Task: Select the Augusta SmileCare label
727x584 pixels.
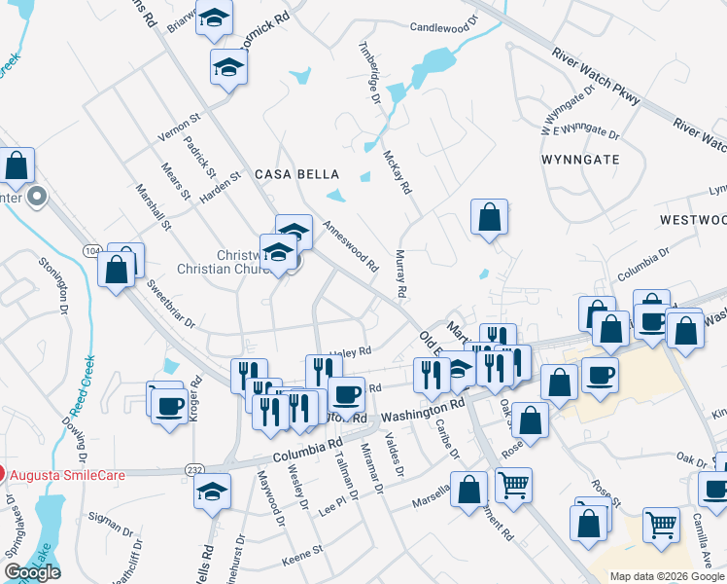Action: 57,475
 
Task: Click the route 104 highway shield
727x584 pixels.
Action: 92,251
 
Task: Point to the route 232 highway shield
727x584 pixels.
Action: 194,470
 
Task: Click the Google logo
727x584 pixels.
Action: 32,572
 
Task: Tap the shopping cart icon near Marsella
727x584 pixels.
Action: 513,483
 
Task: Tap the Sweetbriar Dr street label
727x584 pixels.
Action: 171,304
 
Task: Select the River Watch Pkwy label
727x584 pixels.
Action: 595,74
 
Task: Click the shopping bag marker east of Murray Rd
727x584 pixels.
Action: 490,218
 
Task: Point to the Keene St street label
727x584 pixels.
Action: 301,562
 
